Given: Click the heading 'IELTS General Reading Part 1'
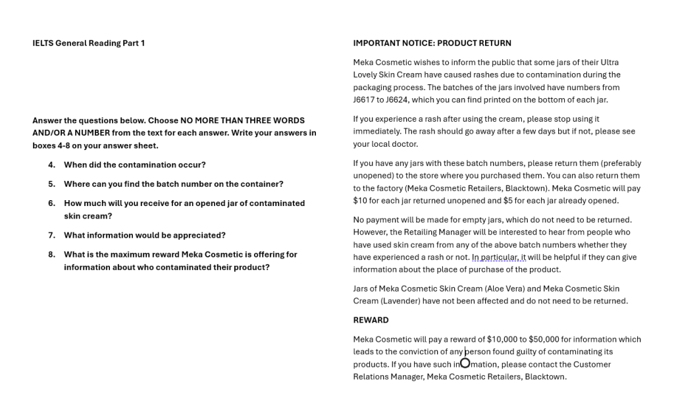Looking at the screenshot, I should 88,43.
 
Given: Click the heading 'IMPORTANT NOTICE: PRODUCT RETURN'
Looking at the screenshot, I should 432,43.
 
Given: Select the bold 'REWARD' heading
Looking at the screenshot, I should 371,320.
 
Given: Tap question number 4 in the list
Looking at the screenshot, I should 51,165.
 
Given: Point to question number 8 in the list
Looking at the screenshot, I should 51,255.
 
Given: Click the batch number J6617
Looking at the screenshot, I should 364,100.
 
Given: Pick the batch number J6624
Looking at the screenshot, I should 398,100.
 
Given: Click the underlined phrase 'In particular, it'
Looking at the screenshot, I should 498,257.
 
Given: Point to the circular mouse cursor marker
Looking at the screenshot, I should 465,363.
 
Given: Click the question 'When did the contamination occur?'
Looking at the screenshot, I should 134,165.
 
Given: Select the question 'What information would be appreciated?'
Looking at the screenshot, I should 144,235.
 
